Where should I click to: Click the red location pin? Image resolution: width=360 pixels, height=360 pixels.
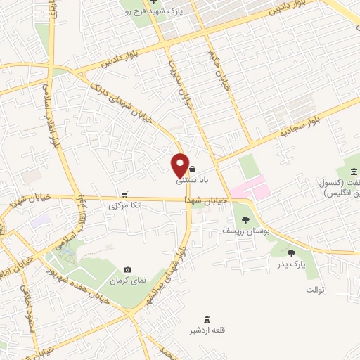tap(179, 165)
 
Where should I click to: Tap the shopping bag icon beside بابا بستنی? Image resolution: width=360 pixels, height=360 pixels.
tap(192, 169)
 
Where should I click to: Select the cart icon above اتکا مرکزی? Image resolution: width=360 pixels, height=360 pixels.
tap(124, 195)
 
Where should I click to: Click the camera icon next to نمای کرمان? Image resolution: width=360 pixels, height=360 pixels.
tap(127, 269)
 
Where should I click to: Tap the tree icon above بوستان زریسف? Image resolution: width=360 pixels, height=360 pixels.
tap(245, 221)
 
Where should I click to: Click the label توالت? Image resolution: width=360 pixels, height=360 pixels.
tap(314, 290)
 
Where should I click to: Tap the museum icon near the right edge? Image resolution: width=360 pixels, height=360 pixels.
tap(352, 172)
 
